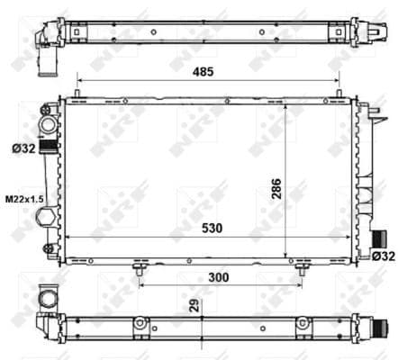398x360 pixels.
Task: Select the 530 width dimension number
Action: tap(213, 229)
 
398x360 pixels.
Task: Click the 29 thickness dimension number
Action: tap(194, 303)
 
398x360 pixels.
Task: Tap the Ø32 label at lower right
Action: tap(382, 256)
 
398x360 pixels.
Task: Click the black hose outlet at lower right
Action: tap(379, 239)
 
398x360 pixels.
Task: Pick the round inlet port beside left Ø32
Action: tap(45, 124)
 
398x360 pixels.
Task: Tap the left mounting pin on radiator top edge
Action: tap(78, 94)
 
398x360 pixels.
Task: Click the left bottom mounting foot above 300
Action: tap(138, 266)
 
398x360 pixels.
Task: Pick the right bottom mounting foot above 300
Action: tap(298, 266)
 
